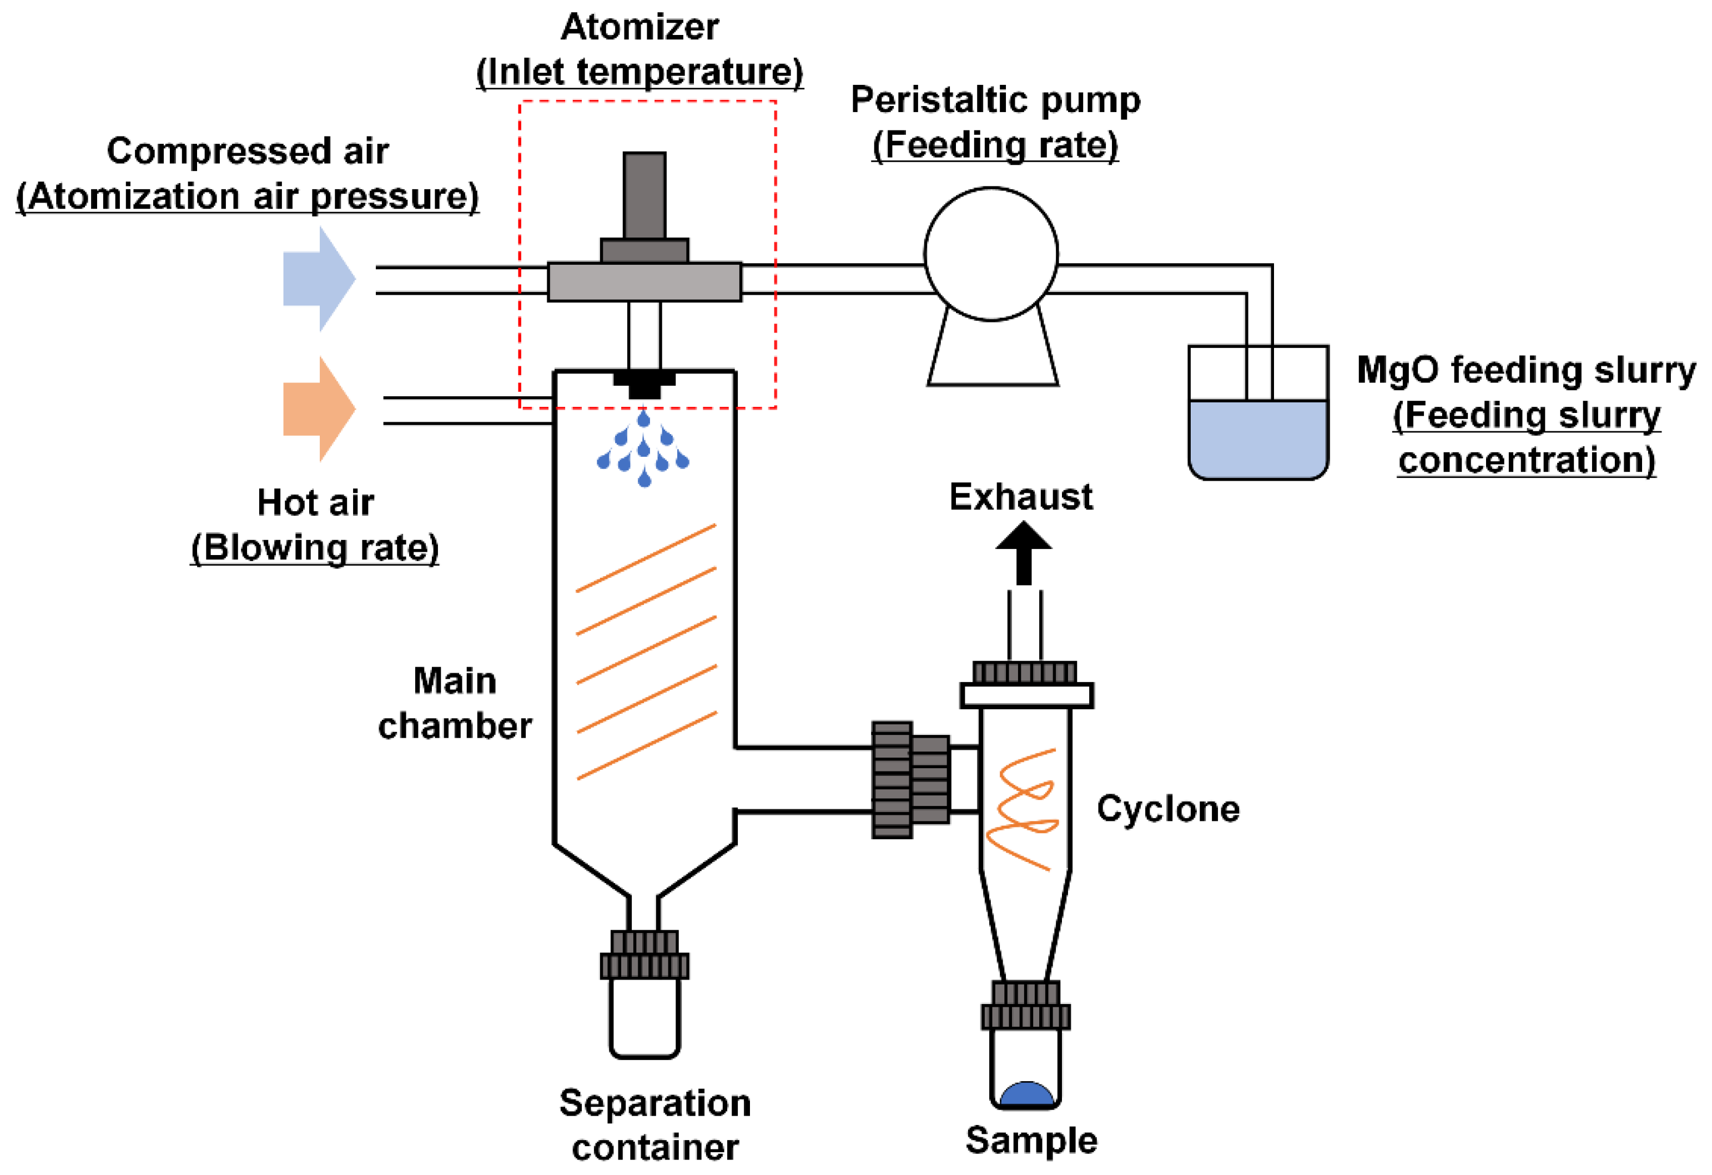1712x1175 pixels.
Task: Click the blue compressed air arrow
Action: pos(318,279)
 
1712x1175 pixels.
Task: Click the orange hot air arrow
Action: pos(318,409)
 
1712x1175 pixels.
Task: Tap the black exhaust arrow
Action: pos(1023,552)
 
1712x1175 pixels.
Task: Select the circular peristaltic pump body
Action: pos(991,254)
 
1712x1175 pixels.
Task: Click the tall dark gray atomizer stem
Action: pos(644,195)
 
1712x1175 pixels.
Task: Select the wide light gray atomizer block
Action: pos(644,281)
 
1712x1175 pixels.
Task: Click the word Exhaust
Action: pos(1020,497)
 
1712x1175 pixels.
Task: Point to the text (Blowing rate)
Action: pos(315,547)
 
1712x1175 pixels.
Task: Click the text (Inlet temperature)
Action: pos(639,72)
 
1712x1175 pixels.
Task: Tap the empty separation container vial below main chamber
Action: pos(644,1017)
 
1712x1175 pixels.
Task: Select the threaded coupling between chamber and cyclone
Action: pos(910,779)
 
